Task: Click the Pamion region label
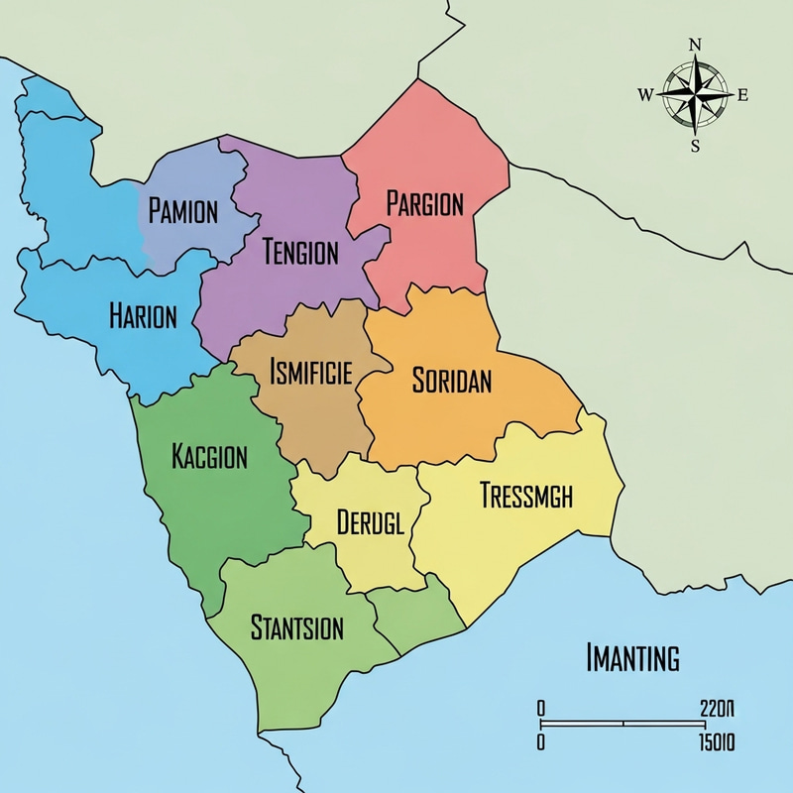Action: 182,210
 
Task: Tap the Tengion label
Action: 300,253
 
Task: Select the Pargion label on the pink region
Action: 424,205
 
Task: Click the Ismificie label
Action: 309,374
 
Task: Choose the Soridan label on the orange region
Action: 451,382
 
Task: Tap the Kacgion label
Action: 209,458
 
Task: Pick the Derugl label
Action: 370,522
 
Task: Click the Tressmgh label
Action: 525,496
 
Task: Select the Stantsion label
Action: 297,627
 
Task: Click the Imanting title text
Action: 632,657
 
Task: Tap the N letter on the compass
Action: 695,45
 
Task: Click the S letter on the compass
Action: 695,146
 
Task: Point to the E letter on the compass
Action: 742,95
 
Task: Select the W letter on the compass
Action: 645,95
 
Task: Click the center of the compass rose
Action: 695,95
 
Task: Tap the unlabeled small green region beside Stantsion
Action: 414,615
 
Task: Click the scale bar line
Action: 624,725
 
